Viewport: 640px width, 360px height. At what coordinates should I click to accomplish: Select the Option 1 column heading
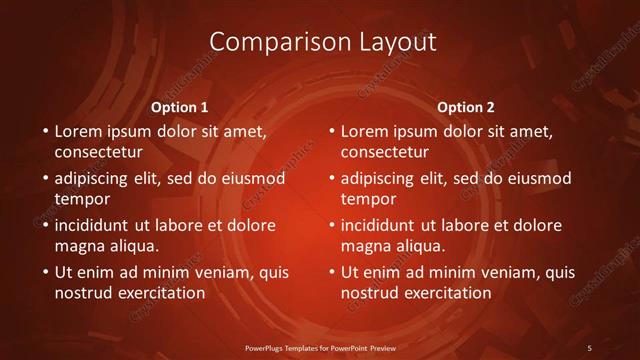click(179, 107)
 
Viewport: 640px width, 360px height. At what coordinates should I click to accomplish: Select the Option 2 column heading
click(465, 107)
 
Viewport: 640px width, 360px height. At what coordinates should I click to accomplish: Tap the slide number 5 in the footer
click(589, 347)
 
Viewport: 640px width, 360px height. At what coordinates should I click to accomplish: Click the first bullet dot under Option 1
click(45, 131)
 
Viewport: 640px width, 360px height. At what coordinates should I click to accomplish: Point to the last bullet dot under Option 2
click(331, 272)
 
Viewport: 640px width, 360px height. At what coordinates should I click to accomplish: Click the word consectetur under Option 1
click(98, 153)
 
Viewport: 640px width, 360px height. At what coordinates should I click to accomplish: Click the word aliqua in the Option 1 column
click(135, 246)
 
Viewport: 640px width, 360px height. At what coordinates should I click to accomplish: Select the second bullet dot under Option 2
click(331, 178)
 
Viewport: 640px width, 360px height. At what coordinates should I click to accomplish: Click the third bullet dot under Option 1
click(45, 225)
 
